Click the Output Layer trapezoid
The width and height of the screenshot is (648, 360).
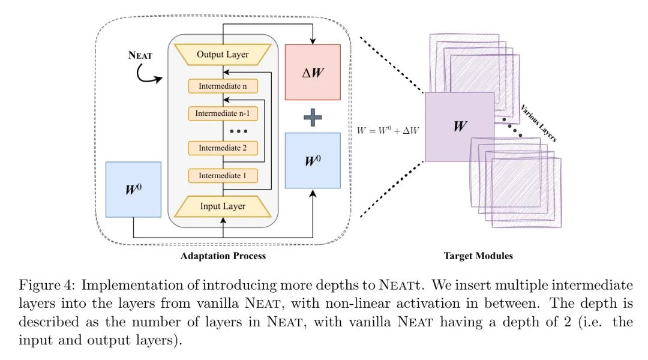223,55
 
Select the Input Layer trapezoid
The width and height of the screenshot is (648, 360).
223,206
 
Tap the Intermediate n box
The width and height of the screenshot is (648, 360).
223,86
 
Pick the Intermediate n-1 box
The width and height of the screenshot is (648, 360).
223,113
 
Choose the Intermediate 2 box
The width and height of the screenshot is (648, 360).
223,147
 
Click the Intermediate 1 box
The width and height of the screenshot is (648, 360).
223,176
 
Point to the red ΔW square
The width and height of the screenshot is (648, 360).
313,72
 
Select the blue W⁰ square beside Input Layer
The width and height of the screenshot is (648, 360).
133,189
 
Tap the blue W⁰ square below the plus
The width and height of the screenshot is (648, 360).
313,161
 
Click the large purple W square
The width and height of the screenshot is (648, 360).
459,127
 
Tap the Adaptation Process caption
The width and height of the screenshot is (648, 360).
223,256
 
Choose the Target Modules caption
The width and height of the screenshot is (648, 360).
478,256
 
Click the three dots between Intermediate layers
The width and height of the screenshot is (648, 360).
238,130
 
